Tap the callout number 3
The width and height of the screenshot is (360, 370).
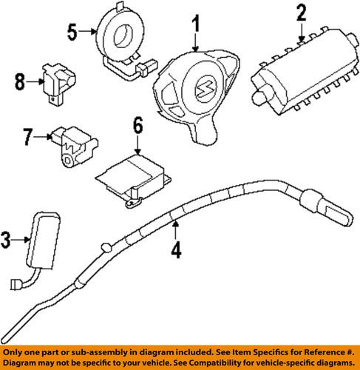7,238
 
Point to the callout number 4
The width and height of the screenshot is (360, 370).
175,251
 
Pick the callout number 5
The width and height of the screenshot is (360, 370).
71,31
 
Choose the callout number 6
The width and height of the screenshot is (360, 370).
137,128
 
